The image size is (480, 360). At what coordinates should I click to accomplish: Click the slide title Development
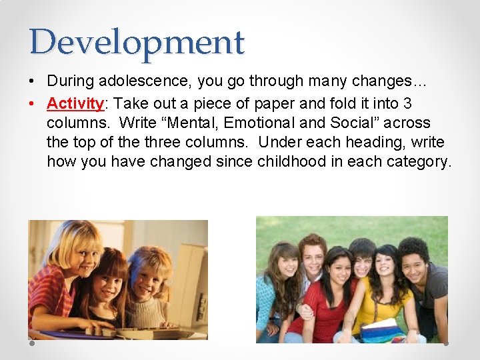(x=137, y=42)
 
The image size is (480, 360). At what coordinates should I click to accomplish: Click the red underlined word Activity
(x=74, y=103)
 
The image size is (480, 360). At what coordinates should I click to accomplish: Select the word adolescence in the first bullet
(x=139, y=81)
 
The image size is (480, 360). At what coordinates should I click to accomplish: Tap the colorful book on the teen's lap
(x=382, y=331)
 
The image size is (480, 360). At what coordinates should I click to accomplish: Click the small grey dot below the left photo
(x=32, y=344)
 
